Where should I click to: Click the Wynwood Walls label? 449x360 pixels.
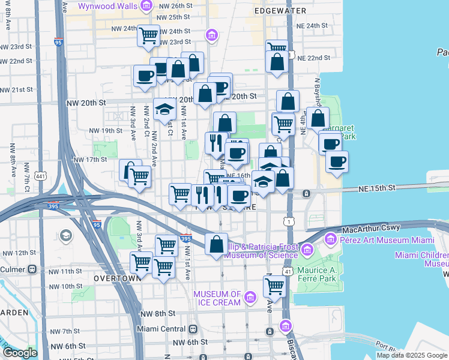pos(109,7)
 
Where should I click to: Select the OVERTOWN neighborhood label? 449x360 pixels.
pos(117,278)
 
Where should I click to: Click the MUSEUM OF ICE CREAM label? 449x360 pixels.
pos(217,298)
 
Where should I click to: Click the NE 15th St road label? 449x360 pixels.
pos(375,188)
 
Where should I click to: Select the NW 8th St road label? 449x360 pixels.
pos(157,313)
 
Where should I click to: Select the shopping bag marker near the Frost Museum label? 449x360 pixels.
pos(215,244)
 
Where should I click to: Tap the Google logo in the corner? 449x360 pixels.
pos(20,353)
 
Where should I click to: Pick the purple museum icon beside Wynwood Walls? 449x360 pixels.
pos(146,7)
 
